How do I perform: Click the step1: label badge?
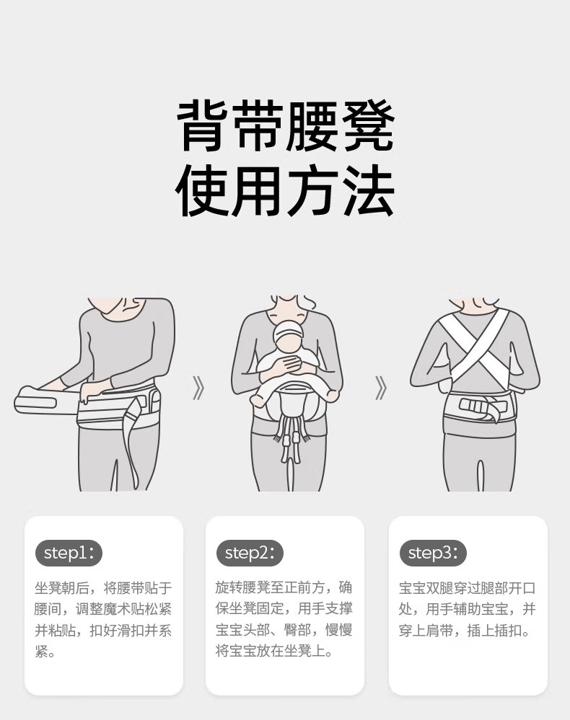coord(69,553)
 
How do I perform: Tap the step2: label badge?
coord(250,553)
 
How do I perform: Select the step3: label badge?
coord(433,553)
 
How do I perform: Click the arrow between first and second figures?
coord(198,388)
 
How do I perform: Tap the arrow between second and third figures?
coord(381,388)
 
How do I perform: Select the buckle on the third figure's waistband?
coord(476,407)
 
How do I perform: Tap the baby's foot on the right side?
coord(333,395)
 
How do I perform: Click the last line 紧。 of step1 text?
coord(45,652)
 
